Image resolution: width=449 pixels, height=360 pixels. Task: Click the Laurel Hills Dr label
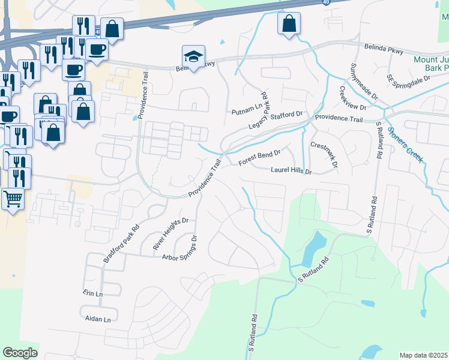click(292, 171)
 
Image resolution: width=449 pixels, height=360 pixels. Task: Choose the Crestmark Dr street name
click(325, 154)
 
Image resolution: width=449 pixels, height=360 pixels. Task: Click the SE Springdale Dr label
click(409, 84)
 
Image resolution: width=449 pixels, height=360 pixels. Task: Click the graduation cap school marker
click(193, 56)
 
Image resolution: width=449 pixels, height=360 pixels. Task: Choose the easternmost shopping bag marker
click(289, 24)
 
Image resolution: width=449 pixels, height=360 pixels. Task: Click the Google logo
click(20, 353)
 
